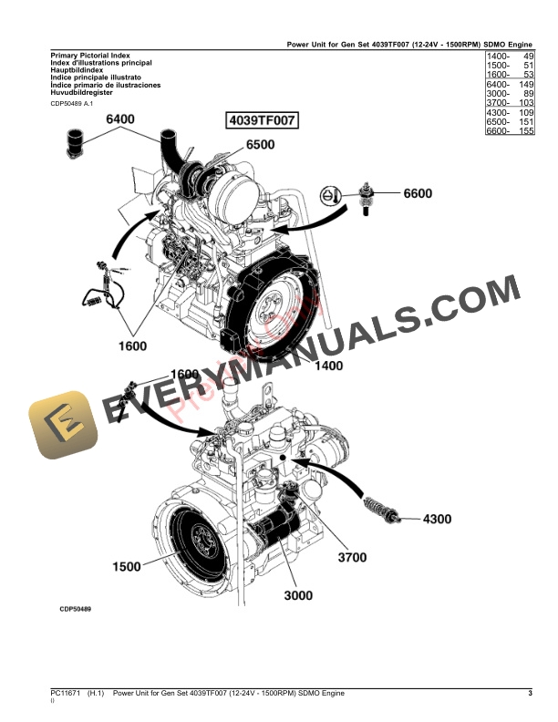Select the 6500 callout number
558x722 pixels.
tap(260, 144)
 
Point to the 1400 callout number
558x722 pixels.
tap(328, 366)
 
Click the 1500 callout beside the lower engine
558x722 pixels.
tap(127, 566)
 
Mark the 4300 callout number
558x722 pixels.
tap(436, 520)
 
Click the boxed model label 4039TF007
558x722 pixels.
tap(262, 120)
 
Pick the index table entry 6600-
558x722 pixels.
tap(498, 131)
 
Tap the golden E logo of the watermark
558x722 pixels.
tap(61, 425)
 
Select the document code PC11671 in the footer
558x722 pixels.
tap(66, 695)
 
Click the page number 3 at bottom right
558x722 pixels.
tap(530, 695)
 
